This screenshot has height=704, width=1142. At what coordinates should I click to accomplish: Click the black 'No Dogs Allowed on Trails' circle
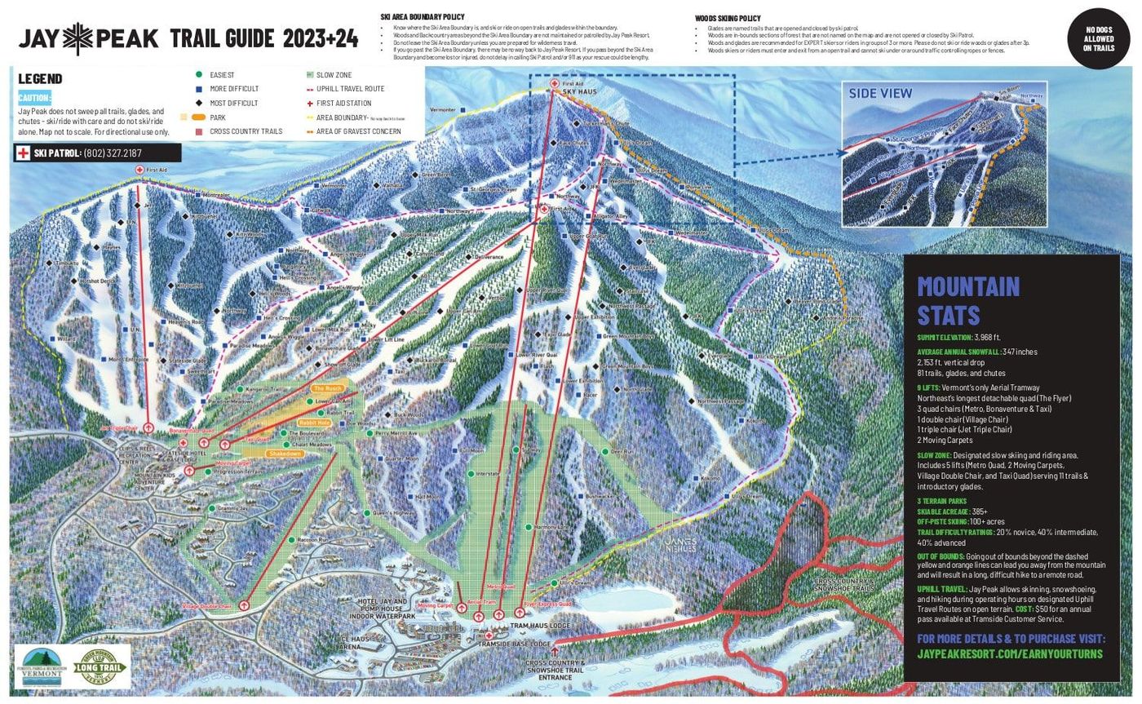coord(1098,38)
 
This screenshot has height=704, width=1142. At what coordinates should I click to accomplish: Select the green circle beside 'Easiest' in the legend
coord(198,75)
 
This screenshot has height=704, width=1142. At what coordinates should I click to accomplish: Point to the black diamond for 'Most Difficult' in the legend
coord(198,104)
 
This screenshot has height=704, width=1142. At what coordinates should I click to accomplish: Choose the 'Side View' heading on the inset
coord(880,94)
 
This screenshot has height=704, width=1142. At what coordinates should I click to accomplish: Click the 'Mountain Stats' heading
coord(968,300)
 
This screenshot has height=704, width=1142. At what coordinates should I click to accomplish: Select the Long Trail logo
coord(102,666)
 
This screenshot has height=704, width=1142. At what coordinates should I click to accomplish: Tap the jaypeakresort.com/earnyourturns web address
coord(1009,654)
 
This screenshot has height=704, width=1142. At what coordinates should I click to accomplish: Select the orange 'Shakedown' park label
coord(285,454)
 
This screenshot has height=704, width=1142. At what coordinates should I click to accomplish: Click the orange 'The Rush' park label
coord(328,388)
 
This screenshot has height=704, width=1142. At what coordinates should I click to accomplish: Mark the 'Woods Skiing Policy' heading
coord(728,18)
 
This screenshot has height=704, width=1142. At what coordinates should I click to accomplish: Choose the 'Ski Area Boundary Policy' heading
coord(423,16)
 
